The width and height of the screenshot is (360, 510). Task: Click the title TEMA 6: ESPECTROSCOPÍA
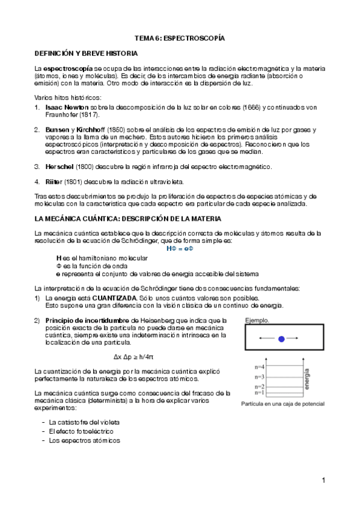tap(179, 37)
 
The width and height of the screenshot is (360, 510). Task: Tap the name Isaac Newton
tap(67, 107)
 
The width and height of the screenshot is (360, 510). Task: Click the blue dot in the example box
tap(281, 339)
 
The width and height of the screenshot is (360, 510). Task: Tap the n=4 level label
tap(259, 367)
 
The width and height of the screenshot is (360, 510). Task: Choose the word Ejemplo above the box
tap(257, 321)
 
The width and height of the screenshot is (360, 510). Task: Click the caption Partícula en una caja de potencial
tap(282, 404)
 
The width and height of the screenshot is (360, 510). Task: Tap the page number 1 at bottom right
tap(323, 480)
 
